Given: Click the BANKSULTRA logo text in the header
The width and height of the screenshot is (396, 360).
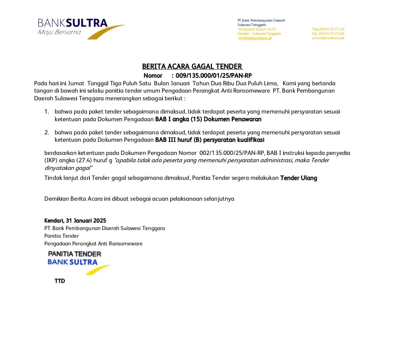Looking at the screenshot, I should pos(72,23).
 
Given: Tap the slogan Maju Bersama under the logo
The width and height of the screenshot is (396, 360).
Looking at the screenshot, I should pos(59,32).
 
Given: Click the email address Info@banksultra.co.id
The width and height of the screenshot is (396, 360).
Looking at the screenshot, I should pos(254,38).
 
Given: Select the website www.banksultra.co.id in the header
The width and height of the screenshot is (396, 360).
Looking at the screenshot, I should pos(328,38).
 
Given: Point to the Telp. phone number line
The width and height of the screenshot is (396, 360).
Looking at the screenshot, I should pos(328,29).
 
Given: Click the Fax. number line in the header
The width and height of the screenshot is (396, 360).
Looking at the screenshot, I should pos(328,34).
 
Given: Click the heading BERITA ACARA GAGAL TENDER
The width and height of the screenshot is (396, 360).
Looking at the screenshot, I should pos(192,66).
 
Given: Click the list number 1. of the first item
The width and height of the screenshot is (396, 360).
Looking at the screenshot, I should pos(47,111).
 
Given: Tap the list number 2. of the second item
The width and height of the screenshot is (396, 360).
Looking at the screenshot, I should pos(47,132).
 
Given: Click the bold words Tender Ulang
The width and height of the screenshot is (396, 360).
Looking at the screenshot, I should pos(298,178).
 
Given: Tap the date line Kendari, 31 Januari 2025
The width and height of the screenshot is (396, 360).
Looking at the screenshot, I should pos(75,220).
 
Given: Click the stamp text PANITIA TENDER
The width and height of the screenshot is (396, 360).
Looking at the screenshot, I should pos(74,254).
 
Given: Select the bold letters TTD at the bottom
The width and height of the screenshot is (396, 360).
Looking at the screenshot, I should pos(60,281).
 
